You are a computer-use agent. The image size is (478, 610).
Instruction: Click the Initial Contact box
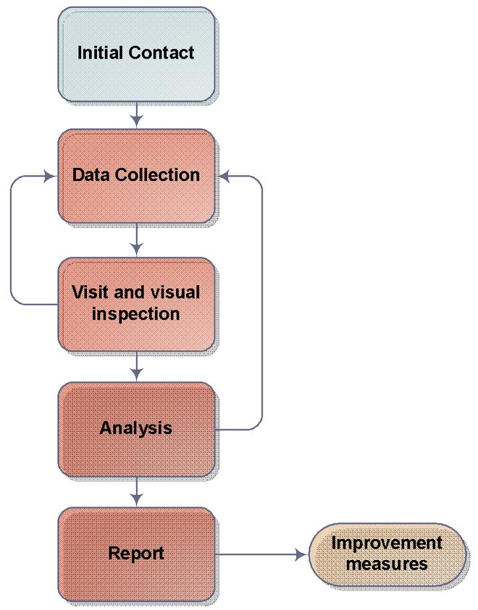click(x=136, y=54)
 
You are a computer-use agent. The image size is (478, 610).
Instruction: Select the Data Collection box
click(x=136, y=176)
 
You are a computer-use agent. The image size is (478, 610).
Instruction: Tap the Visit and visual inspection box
click(x=136, y=304)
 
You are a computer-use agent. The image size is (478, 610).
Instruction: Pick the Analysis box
click(x=136, y=427)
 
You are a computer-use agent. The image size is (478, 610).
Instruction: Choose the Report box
click(x=136, y=554)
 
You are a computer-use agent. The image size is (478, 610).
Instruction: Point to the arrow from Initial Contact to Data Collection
click(x=136, y=114)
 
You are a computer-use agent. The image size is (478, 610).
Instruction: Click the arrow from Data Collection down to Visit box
click(x=136, y=240)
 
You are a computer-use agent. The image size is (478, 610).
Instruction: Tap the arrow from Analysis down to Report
click(x=136, y=493)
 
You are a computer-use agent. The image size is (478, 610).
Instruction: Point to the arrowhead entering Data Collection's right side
click(x=222, y=176)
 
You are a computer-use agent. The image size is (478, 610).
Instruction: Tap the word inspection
click(x=136, y=315)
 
